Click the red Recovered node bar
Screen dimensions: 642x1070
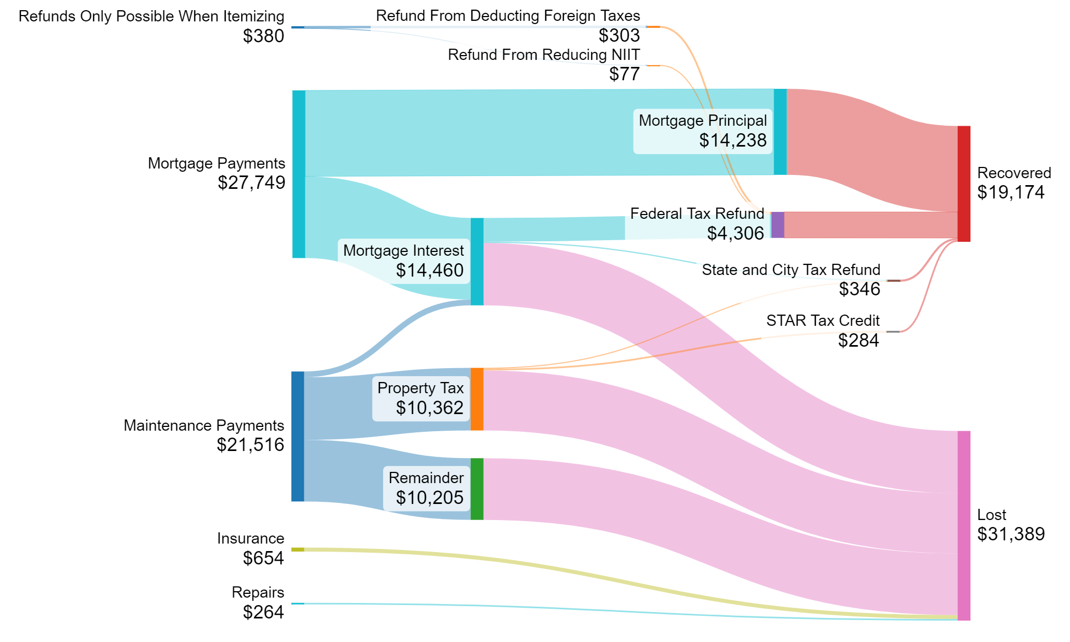pos(964,184)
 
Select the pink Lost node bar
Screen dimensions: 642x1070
pos(964,525)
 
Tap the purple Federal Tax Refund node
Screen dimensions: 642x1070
pos(777,225)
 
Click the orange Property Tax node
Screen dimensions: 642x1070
pos(477,399)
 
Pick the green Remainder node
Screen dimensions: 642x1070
pos(477,488)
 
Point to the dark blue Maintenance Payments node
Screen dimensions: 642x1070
pos(297,436)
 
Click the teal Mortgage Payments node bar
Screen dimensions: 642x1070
pos(299,174)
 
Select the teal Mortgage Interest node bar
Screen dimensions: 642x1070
pos(477,262)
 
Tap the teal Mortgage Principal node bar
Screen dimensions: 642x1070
pos(780,132)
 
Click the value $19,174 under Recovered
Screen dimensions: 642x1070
pos(1011,193)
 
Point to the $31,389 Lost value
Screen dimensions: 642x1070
pos(1011,534)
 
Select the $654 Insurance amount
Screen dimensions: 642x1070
pos(263,558)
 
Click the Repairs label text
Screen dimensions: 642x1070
pos(258,592)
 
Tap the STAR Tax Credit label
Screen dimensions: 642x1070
pos(823,320)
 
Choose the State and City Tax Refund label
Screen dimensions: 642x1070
pos(791,270)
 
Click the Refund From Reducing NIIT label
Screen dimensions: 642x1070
pos(544,55)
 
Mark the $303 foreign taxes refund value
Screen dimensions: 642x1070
pos(619,35)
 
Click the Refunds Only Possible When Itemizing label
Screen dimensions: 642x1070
pos(151,16)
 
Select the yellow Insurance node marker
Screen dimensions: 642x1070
pos(297,549)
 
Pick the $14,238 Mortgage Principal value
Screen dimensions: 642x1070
pos(732,140)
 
